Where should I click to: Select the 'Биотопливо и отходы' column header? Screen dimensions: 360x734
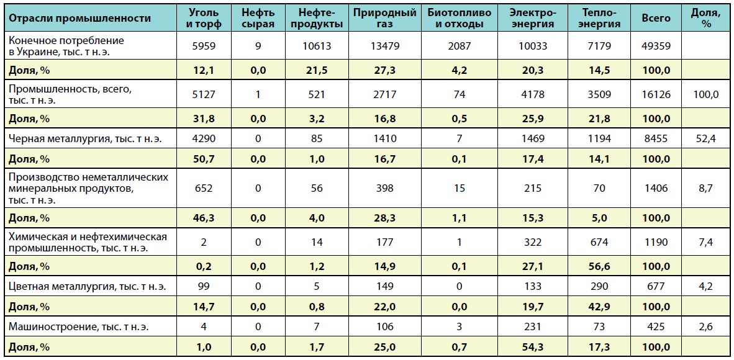460,18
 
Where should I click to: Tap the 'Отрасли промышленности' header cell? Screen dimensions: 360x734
81,18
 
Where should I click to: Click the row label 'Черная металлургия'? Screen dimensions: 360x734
85,138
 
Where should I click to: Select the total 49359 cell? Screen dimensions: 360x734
656,45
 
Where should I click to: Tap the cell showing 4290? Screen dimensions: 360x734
204,138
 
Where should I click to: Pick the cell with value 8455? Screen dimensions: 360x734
656,138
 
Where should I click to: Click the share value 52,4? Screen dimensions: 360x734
705,138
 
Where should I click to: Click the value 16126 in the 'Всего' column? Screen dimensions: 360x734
656,95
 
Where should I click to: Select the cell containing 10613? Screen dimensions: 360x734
317,45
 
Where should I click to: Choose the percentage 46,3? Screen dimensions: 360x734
204,217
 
